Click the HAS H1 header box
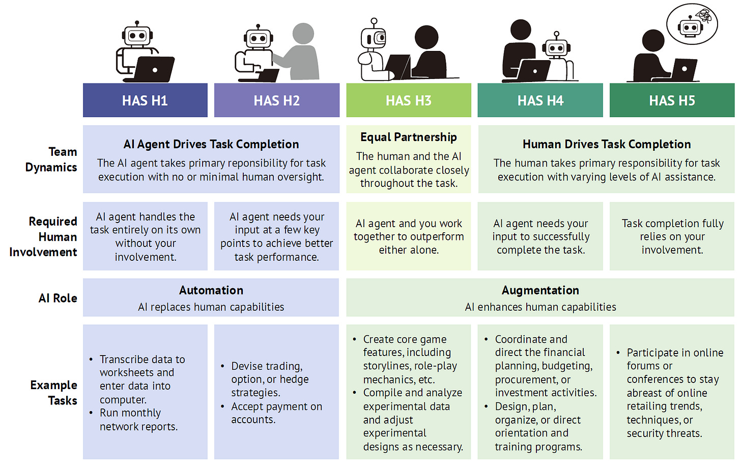pyautogui.click(x=145, y=100)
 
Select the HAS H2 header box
pyautogui.click(x=276, y=100)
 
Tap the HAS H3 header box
pyautogui.click(x=408, y=100)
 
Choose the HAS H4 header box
pyautogui.click(x=540, y=100)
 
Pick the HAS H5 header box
pyautogui.click(x=672, y=100)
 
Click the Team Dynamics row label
pyautogui.click(x=51, y=159)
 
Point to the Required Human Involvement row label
pyautogui.click(x=44, y=237)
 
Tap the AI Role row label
pyautogui.click(x=58, y=298)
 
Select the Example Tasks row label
pyautogui.click(x=54, y=393)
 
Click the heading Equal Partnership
pyautogui.click(x=408, y=137)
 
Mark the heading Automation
pyautogui.click(x=211, y=290)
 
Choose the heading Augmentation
pyautogui.click(x=540, y=290)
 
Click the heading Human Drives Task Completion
pyautogui.click(x=606, y=144)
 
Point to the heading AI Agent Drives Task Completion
pyautogui.click(x=211, y=144)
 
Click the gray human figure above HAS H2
pyautogui.click(x=300, y=51)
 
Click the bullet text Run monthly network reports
pyautogui.click(x=138, y=420)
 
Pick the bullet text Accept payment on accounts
pyautogui.click(x=276, y=413)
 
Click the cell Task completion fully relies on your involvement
pyautogui.click(x=672, y=236)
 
